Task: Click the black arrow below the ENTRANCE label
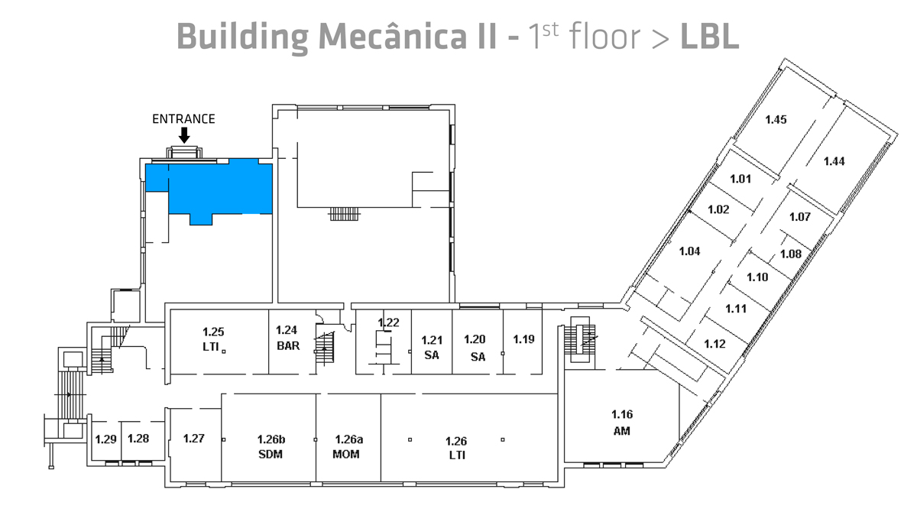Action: point(183,135)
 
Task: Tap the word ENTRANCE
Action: point(183,118)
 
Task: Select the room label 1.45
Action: point(776,119)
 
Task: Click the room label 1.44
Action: point(834,160)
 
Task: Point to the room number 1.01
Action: point(740,180)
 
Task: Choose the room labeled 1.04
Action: point(689,251)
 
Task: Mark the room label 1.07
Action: point(799,217)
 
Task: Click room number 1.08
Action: point(790,254)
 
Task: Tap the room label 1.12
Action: point(714,344)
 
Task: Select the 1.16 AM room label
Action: point(621,423)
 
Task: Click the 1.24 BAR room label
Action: point(287,338)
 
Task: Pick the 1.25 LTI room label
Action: point(213,338)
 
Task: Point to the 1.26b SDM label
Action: point(271,447)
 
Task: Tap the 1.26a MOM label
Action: point(348,447)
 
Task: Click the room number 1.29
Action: point(105,439)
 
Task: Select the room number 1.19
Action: point(523,338)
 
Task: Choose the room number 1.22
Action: point(388,322)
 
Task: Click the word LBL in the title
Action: point(709,37)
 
